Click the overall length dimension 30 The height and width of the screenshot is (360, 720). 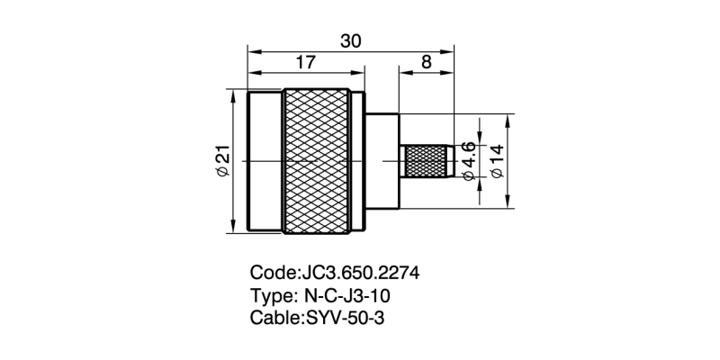click(x=351, y=40)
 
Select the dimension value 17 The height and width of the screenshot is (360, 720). click(x=305, y=62)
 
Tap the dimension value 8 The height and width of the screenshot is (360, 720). click(x=425, y=62)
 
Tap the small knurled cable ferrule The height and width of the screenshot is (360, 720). click(x=426, y=162)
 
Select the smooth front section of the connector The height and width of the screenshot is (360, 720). click(x=265, y=162)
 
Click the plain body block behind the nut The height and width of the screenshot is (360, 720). click(x=382, y=162)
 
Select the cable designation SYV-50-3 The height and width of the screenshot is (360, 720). click(x=347, y=318)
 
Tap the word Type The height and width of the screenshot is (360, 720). click(x=270, y=295)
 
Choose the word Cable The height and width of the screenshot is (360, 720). click(x=274, y=318)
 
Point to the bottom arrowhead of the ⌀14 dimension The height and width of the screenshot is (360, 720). click(x=510, y=205)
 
